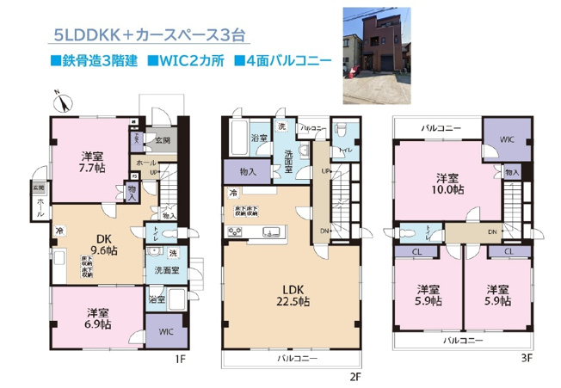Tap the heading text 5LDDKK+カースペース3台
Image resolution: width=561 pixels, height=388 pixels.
(x=151, y=35)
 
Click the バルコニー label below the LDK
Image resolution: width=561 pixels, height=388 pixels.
(x=298, y=357)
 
